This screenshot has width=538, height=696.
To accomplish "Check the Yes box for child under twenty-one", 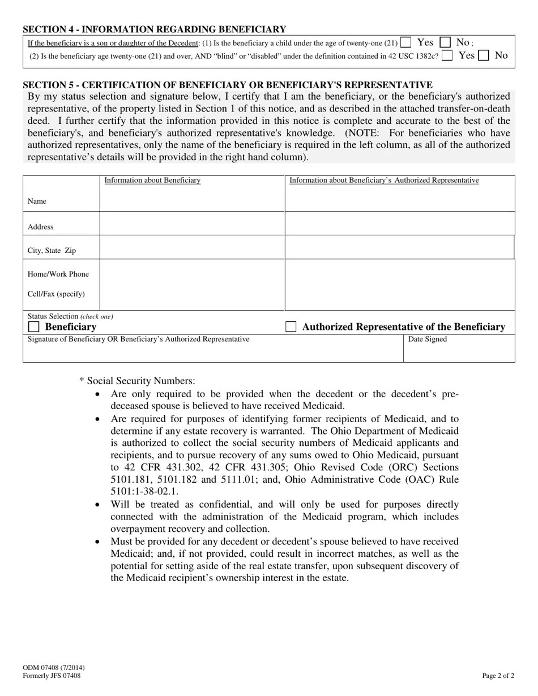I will [405, 42].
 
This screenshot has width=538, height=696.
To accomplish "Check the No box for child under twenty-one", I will [446, 42].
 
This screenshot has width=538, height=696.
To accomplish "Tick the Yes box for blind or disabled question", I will [447, 55].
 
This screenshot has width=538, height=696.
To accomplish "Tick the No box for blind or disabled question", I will [484, 55].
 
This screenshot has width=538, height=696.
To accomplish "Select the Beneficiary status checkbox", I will [34, 327].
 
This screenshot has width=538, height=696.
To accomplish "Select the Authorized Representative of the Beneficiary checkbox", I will [291, 327].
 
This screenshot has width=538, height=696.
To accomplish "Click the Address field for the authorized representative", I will [399, 224].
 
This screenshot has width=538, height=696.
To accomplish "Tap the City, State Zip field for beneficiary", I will [192, 247].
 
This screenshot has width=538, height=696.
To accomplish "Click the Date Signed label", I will [428, 340].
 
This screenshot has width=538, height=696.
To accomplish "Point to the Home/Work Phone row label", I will [58, 274].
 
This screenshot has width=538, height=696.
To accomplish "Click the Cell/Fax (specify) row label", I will [56, 294].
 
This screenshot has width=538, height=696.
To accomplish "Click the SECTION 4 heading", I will [154, 29].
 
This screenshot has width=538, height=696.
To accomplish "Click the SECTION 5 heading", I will [227, 85].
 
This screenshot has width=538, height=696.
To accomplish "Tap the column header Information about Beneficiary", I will [152, 181].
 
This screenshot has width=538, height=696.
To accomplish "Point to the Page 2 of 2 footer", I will [498, 675].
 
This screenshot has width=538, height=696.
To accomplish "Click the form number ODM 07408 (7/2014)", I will [54, 668].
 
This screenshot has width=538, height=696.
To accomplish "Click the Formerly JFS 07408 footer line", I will [52, 676].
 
